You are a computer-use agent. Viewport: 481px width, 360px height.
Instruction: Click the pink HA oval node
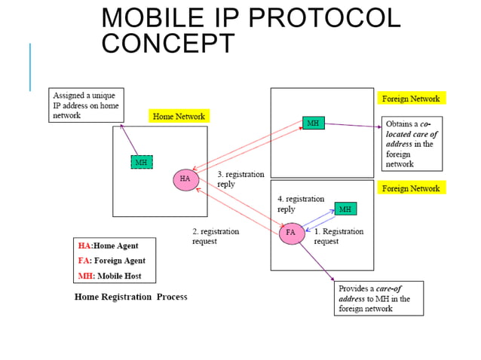coord(185,179)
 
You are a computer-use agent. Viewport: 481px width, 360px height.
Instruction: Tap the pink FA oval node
coord(291,233)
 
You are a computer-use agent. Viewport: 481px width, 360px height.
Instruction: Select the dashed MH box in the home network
coord(141,162)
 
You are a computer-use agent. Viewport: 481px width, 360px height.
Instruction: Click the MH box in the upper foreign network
coord(313,122)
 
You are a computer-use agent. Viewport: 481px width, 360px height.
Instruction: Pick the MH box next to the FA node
coord(345,209)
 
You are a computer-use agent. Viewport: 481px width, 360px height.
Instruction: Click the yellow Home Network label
coord(179,116)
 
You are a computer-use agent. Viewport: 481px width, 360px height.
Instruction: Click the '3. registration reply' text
coord(240,179)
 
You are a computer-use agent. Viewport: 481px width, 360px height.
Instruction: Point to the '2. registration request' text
coord(215,236)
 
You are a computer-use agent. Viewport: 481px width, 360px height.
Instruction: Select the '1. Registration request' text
coord(339,236)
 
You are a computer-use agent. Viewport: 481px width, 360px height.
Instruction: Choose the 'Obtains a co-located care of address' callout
coord(412,143)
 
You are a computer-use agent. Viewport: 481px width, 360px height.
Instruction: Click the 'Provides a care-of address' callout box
coord(379,298)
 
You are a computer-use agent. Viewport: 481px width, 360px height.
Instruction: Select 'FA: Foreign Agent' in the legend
coord(112,261)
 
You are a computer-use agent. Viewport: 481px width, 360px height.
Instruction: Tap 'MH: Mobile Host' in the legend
coord(109,276)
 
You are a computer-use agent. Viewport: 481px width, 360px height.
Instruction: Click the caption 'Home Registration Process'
coord(130,297)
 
